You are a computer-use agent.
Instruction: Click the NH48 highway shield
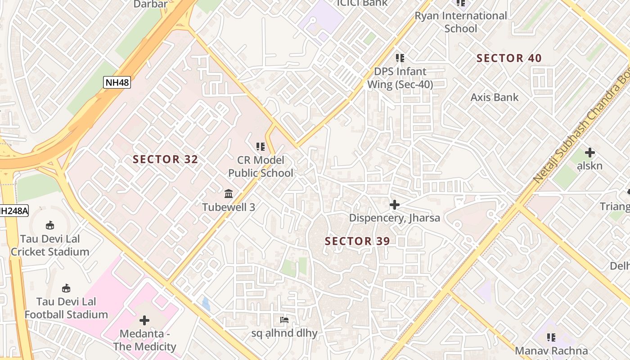117,82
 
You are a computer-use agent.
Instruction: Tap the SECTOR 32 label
165,159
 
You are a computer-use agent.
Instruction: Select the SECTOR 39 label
357,241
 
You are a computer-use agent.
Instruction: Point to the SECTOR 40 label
509,58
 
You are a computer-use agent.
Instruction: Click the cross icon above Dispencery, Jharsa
395,205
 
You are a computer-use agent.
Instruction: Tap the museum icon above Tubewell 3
229,194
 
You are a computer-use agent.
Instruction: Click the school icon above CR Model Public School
261,146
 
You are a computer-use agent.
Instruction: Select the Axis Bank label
494,97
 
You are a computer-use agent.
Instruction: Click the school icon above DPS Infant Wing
400,58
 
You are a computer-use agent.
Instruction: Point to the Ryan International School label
460,22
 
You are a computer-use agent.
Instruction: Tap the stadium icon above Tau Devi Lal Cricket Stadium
50,225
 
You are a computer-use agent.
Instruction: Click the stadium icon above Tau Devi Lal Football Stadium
66,288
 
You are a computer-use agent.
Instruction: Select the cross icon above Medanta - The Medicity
144,320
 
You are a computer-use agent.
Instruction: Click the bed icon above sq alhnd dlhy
284,320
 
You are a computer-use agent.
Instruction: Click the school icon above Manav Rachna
551,337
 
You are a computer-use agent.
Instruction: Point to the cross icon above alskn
589,153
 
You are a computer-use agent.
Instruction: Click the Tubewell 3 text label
229,207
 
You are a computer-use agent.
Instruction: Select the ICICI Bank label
362,4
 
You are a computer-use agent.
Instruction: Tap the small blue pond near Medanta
206,304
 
